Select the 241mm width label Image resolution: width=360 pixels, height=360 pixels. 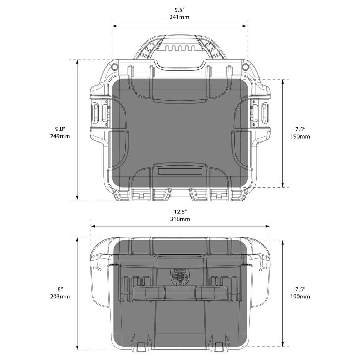(180, 17)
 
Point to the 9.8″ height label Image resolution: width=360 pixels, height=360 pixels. (60, 129)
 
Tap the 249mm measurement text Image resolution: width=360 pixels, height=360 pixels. (60, 136)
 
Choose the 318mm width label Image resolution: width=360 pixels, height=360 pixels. (180, 219)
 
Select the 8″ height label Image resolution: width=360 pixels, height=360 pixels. (60, 289)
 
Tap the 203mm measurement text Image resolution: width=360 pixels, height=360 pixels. (60, 297)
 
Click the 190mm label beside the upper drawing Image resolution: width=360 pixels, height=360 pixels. (300, 136)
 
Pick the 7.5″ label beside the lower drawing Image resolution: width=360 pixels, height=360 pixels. (300, 289)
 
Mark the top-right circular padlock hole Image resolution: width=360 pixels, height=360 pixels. (245, 67)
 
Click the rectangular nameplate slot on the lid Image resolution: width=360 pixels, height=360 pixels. (180, 171)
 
